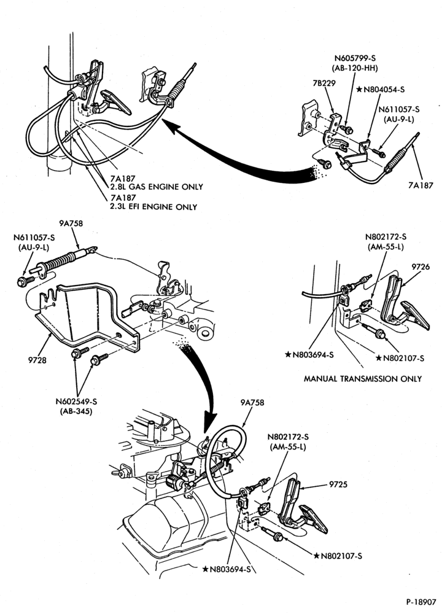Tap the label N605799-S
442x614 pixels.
click(x=355, y=58)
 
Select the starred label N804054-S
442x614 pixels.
click(x=381, y=90)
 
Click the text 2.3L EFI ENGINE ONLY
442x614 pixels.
click(x=154, y=207)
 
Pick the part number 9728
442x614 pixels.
click(x=37, y=360)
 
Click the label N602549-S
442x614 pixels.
click(x=76, y=402)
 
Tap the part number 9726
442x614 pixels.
click(x=421, y=266)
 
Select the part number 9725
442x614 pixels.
click(x=339, y=484)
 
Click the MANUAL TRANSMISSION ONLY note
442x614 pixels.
click(x=363, y=379)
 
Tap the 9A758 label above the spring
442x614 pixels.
click(x=71, y=223)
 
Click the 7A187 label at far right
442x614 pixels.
click(x=421, y=185)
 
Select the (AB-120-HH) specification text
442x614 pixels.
click(x=355, y=68)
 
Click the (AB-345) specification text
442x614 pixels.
click(x=76, y=411)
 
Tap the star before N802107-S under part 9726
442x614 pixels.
click(x=379, y=357)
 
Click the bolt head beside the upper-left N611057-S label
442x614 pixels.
click(x=22, y=281)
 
